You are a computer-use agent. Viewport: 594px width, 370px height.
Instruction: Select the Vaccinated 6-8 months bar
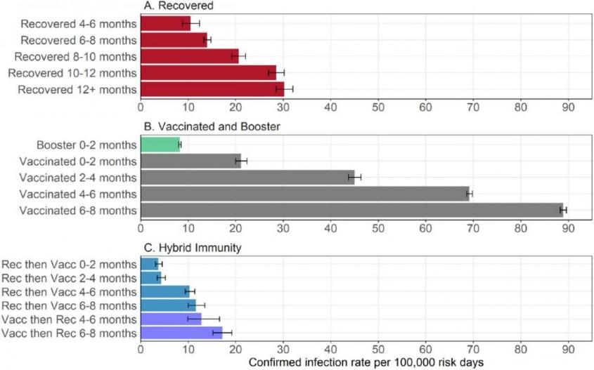pos(351,209)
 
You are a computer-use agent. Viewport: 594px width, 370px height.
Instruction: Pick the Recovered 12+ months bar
pos(212,88)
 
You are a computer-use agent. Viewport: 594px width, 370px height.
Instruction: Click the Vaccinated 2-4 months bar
pos(246,177)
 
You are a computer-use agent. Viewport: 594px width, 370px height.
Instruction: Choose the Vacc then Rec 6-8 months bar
pos(181,332)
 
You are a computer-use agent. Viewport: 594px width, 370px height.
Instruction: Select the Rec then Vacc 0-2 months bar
pos(150,264)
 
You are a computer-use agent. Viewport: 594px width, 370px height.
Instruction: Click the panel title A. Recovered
pos(179,6)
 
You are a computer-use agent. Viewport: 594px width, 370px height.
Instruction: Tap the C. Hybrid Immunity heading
pos(187,248)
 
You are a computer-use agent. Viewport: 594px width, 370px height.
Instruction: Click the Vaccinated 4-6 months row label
pos(78,194)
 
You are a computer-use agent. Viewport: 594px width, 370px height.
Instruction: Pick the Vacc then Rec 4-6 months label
pos(69,319)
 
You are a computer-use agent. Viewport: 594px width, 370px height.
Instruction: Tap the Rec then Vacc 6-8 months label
pos(69,305)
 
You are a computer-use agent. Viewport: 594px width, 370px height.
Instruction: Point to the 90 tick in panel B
pos(567,227)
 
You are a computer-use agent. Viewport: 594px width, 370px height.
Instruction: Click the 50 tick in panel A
pos(377,107)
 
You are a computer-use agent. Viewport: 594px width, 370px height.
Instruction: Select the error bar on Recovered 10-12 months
pos(276,72)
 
